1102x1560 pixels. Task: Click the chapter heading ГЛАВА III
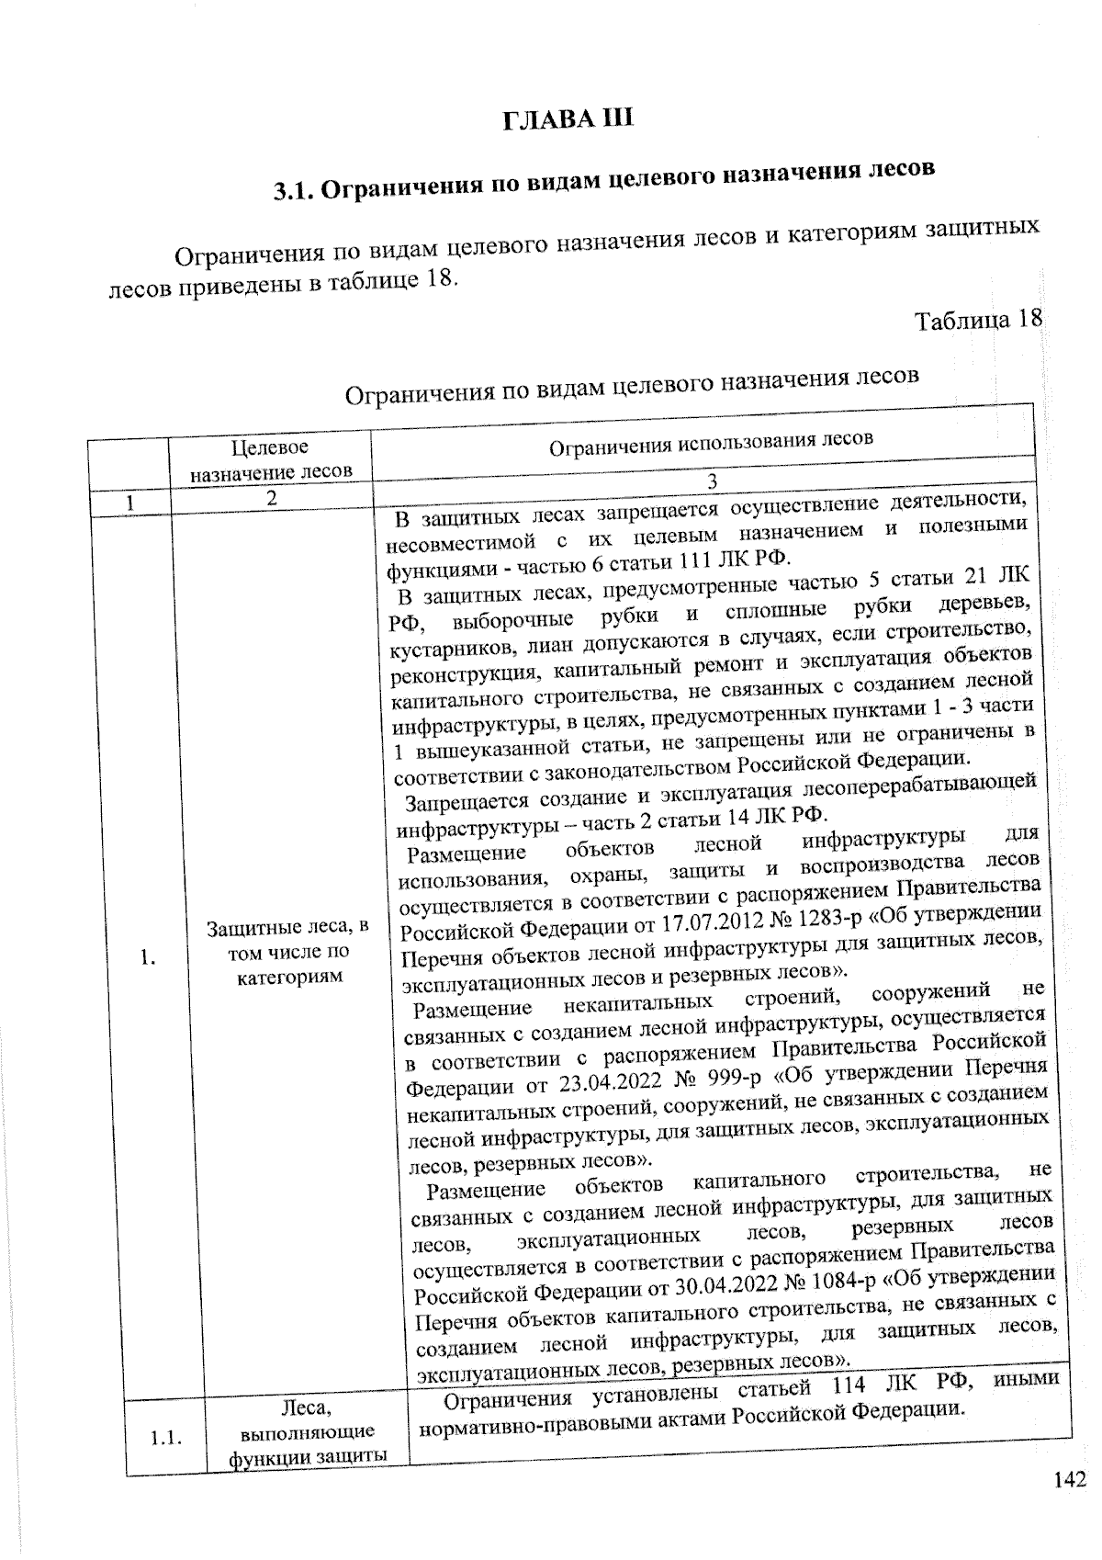pos(568,119)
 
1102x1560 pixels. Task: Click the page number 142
pos(1070,1479)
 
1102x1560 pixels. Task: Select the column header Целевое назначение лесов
pos(270,459)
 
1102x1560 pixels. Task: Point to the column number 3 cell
pos(709,482)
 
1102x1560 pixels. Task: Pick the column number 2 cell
pos(272,499)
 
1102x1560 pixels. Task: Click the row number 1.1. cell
pos(164,1438)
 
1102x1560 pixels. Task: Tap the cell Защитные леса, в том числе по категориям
pos(288,952)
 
